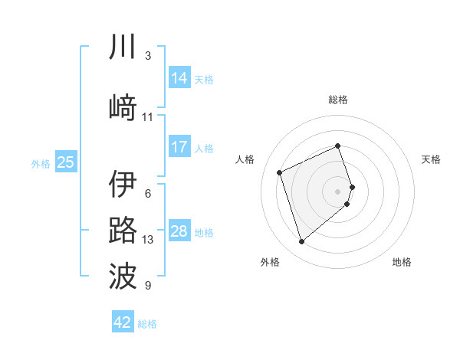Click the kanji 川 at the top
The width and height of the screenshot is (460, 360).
click(123, 47)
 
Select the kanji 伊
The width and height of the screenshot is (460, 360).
click(123, 185)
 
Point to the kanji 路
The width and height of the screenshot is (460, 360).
click(123, 231)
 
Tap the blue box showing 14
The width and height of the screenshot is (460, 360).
click(179, 77)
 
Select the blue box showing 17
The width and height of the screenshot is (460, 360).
click(179, 146)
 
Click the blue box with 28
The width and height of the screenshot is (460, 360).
click(179, 231)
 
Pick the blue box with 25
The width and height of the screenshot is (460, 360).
click(66, 162)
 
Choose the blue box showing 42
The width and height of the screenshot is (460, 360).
click(123, 322)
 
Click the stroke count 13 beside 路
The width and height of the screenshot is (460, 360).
click(148, 240)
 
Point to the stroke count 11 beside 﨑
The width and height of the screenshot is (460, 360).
click(148, 117)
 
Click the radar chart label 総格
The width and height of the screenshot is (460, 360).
click(338, 100)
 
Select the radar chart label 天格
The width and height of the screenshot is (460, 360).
click(431, 159)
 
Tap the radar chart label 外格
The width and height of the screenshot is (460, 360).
click(270, 262)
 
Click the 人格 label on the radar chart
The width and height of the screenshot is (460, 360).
click(245, 159)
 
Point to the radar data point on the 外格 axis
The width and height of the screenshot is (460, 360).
click(301, 242)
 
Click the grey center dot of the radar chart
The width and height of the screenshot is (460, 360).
click(338, 191)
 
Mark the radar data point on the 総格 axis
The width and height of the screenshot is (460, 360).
click(338, 146)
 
